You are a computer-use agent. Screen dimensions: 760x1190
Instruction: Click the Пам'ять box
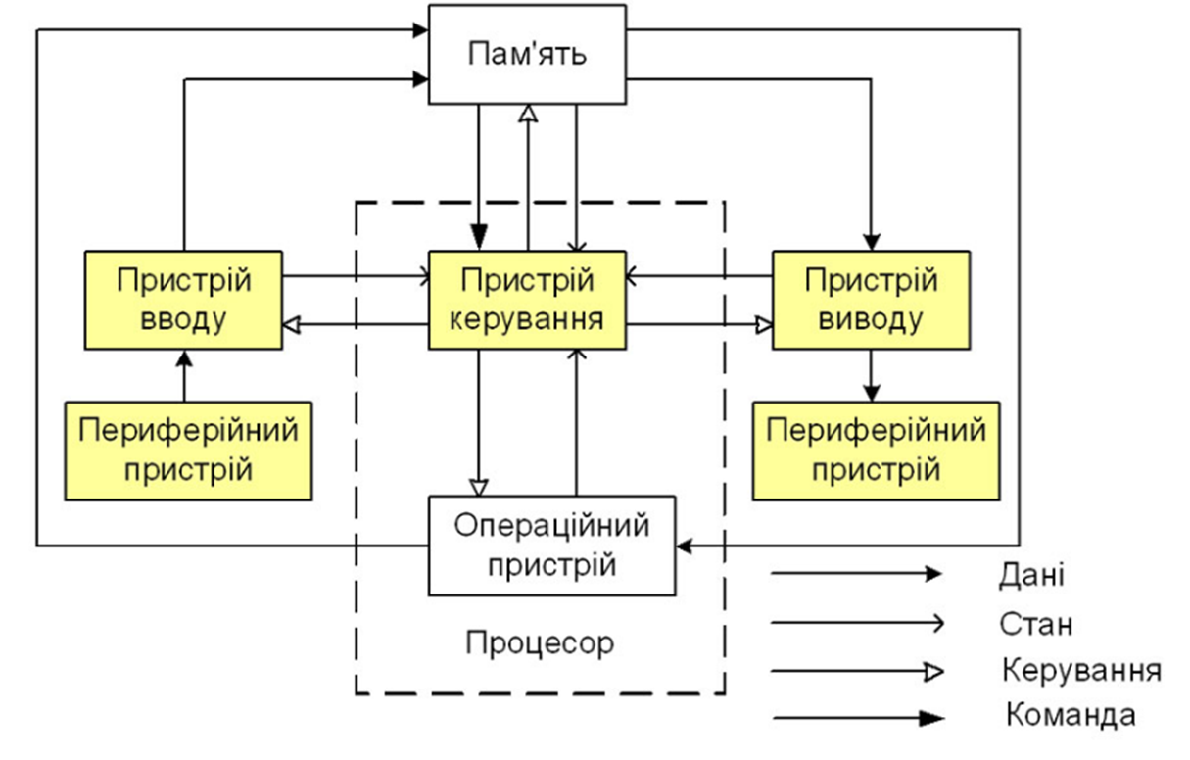[527, 53]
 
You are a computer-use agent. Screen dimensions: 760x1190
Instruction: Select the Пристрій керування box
[527, 299]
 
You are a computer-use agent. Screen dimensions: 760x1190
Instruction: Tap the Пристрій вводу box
[183, 299]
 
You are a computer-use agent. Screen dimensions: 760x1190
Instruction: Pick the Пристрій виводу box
[871, 299]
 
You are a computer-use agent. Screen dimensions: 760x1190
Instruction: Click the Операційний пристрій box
[551, 545]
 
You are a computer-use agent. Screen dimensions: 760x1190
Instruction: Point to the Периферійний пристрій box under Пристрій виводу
[877, 451]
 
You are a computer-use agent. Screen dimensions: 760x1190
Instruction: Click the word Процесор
[540, 643]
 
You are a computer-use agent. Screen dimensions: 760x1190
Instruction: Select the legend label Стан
[1035, 623]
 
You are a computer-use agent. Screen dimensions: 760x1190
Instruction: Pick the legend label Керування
[1081, 671]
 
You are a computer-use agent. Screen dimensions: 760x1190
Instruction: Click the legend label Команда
[1071, 715]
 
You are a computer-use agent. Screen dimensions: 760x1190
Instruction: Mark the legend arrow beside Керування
[857, 671]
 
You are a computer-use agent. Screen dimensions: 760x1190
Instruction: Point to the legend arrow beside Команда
[857, 718]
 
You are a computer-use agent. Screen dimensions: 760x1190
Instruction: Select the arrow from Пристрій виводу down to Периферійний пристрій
[871, 375]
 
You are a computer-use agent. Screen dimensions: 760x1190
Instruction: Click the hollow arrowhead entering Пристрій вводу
[291, 323]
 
